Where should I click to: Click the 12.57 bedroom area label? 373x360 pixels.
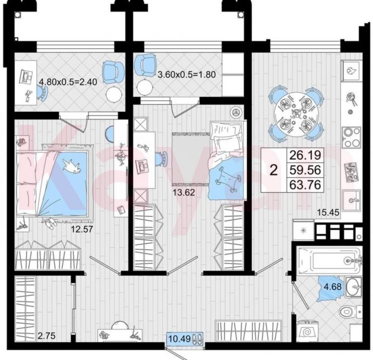click(x=82, y=230)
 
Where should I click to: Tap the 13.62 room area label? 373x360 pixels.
click(x=184, y=192)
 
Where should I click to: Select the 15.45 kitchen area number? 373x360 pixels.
click(x=328, y=212)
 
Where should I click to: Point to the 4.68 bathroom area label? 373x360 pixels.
click(x=332, y=286)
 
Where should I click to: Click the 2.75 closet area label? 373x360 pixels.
click(x=47, y=336)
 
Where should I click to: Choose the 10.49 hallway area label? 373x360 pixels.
click(x=180, y=338)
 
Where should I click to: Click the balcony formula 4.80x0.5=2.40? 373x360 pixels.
click(x=68, y=82)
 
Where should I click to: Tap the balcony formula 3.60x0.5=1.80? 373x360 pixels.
click(x=187, y=75)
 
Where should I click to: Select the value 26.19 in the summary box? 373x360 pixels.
click(x=305, y=155)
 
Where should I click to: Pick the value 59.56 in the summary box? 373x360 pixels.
click(x=305, y=170)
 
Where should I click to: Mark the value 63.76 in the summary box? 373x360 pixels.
click(x=305, y=185)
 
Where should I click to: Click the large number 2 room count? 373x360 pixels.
click(x=274, y=170)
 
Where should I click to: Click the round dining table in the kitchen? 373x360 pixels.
click(x=296, y=114)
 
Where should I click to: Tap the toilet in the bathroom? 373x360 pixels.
click(x=350, y=312)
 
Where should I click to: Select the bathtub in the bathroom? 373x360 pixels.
click(x=330, y=261)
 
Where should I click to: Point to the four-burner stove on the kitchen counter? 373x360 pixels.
click(x=351, y=137)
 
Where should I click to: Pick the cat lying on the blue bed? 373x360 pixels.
click(x=72, y=166)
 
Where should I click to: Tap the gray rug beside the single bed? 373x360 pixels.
click(x=191, y=159)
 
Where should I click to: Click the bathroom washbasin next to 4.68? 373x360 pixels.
click(x=353, y=287)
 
